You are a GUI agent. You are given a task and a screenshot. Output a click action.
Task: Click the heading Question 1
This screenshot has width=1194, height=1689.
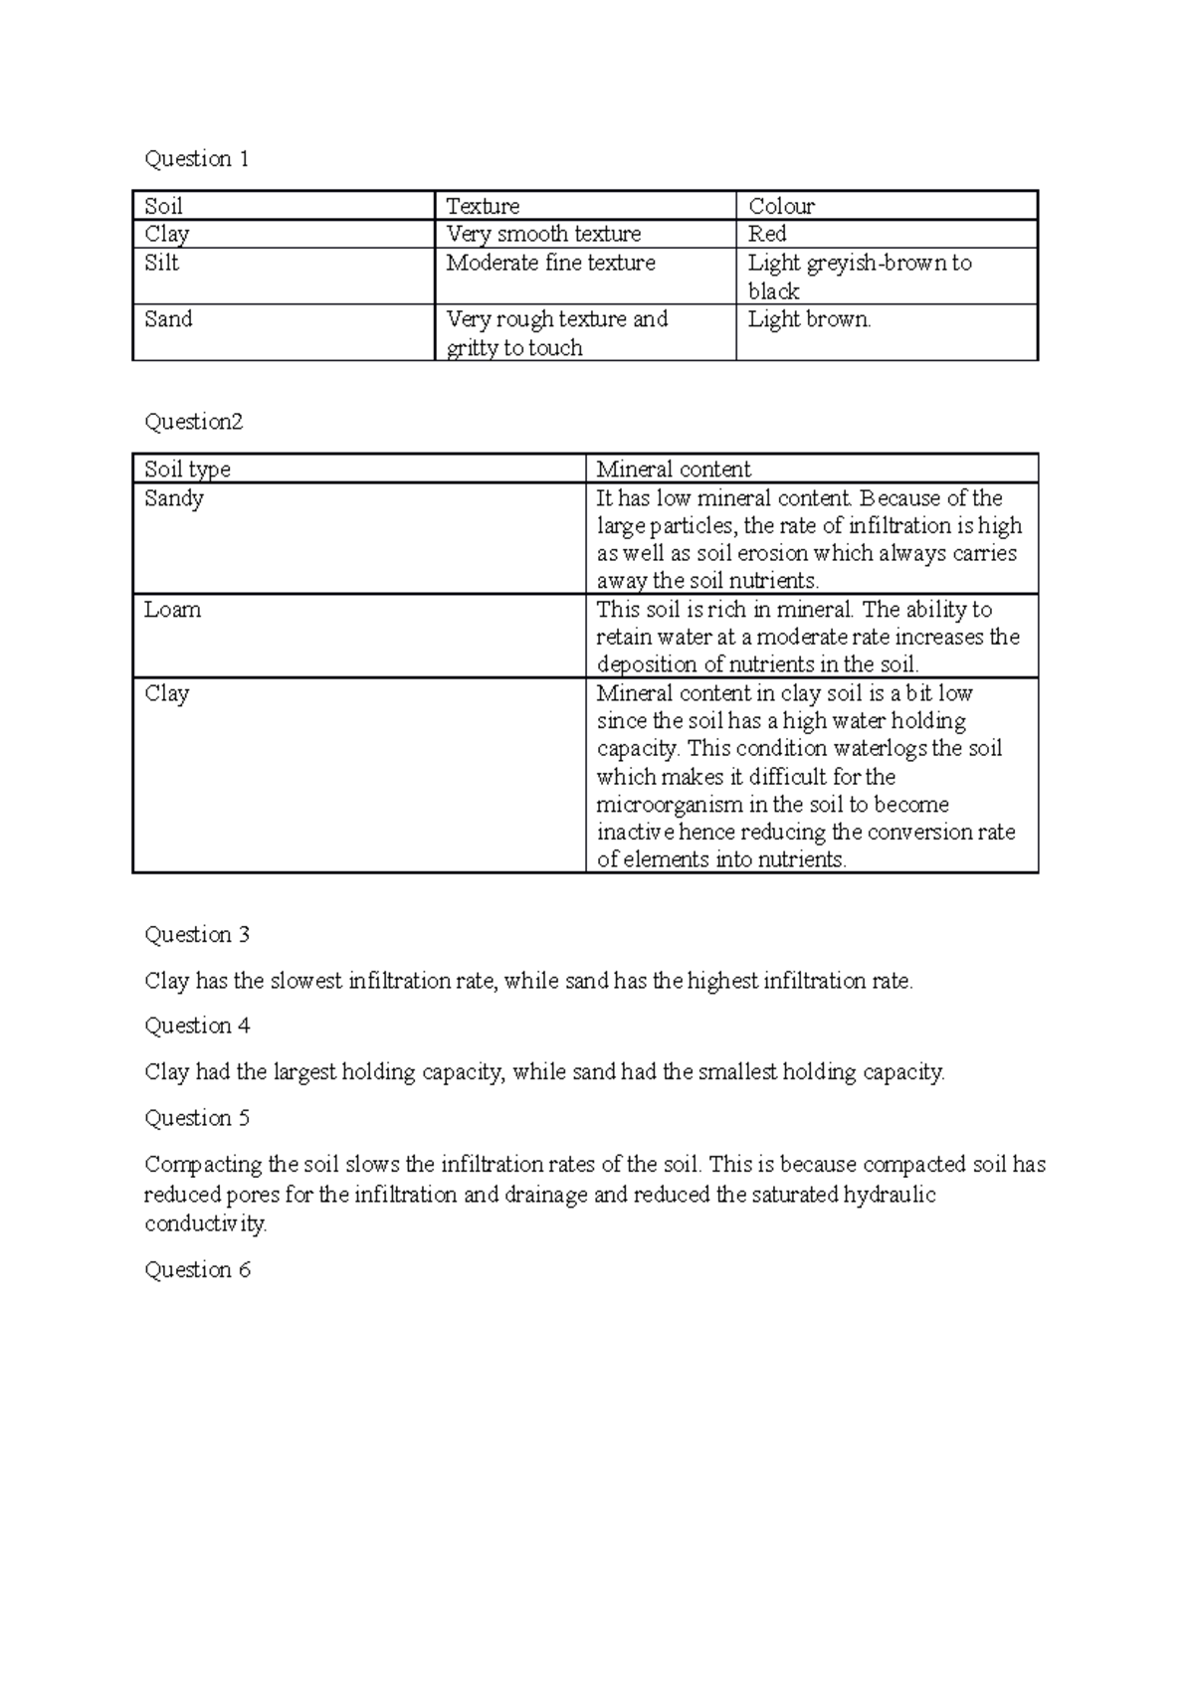point(197,159)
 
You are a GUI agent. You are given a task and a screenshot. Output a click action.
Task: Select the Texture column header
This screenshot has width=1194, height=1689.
point(483,206)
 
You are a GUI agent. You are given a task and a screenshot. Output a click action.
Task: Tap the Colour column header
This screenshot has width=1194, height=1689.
point(781,206)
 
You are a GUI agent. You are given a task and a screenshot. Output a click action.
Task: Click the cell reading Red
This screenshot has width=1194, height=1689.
point(767,234)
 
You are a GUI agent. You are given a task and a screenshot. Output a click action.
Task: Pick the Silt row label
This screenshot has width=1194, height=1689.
point(161,263)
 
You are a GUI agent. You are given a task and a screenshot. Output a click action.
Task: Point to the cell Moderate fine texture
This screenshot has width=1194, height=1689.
point(550,263)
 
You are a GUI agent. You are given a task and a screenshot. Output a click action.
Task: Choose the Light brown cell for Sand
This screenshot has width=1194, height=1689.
point(809,319)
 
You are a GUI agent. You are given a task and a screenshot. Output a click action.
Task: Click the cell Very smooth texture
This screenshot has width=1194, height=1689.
point(543,234)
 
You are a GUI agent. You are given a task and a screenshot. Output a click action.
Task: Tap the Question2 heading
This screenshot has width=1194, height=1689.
point(194,422)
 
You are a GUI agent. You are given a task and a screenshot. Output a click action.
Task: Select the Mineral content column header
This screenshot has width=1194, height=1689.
point(673,469)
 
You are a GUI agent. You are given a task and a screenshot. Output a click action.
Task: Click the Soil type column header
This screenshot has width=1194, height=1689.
point(187,469)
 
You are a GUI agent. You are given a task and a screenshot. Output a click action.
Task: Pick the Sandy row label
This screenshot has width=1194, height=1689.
point(174,498)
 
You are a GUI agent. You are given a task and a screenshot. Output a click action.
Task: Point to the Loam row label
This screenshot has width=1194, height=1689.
point(172,610)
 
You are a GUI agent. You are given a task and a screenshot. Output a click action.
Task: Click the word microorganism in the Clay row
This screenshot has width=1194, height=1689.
point(669,805)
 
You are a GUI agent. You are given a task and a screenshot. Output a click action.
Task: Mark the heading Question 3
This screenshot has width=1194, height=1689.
point(197,935)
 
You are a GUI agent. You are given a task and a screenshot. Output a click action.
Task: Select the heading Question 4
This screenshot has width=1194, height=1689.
point(197,1026)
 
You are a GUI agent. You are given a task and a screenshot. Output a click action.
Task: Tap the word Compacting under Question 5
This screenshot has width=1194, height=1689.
point(203,1165)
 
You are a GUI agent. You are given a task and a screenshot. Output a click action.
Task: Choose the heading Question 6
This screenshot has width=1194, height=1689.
point(197,1270)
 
